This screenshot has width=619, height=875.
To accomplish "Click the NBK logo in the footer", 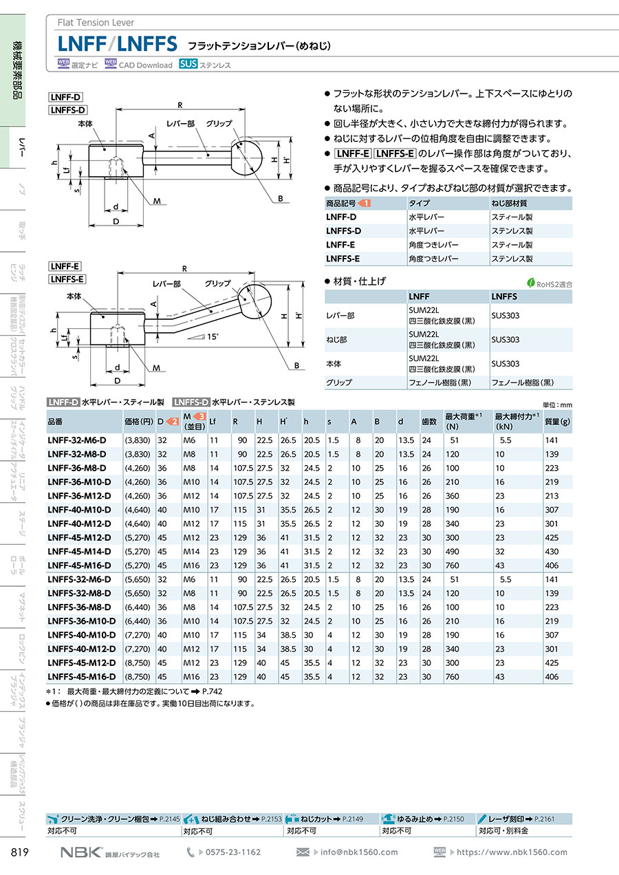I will (x=81, y=852).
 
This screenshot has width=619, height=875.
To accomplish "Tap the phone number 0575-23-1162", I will (x=233, y=852).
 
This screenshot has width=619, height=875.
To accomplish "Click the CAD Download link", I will (x=145, y=65).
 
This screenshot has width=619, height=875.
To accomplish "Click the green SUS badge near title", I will (x=188, y=64).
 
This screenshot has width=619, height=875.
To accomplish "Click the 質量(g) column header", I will (x=556, y=422).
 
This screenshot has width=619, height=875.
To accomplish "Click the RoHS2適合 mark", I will (x=550, y=283).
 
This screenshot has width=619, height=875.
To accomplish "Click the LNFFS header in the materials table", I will (x=503, y=296).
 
